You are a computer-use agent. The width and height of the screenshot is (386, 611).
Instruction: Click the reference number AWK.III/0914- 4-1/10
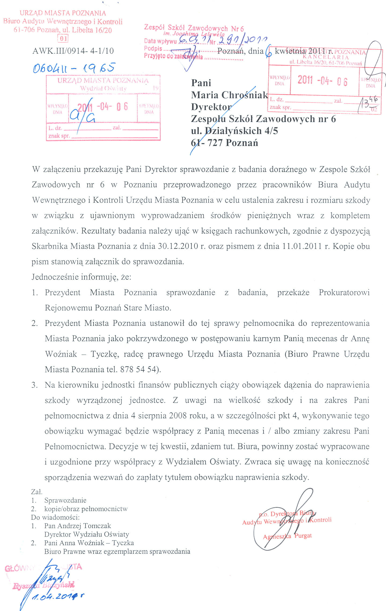(x=73, y=51)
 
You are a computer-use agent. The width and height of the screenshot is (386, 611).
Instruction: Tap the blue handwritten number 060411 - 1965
(x=74, y=68)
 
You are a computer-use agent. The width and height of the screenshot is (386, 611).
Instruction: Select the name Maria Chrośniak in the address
(x=229, y=95)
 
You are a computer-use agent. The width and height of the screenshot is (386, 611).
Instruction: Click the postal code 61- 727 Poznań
(x=224, y=143)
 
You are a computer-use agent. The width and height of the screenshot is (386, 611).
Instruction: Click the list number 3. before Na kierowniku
(x=35, y=385)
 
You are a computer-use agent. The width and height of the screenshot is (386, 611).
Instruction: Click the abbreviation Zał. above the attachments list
(x=37, y=492)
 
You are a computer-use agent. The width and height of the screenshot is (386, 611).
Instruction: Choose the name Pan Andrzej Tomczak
(x=78, y=526)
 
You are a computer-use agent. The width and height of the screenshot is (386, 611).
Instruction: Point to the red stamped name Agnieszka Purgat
(x=287, y=536)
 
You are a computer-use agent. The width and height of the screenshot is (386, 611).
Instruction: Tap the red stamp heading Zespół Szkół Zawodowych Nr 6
(x=194, y=28)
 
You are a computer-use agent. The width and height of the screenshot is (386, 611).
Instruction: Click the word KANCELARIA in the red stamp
(x=326, y=57)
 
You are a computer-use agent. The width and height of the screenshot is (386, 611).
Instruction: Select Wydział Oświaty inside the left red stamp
(x=103, y=88)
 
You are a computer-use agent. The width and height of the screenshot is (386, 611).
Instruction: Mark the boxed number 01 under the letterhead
(x=63, y=39)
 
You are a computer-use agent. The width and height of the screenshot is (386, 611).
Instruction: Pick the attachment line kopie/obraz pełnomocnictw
(x=86, y=509)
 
